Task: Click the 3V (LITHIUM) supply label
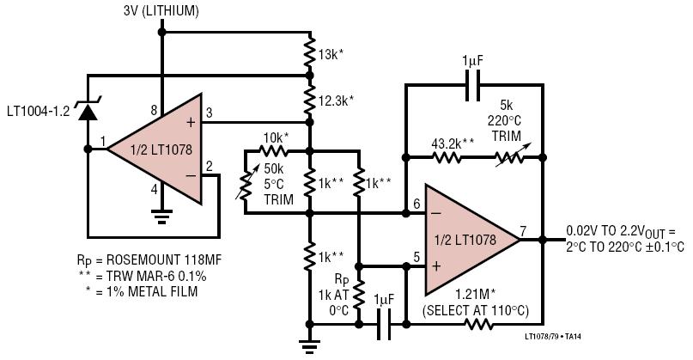point(161,11)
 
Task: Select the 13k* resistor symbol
point(310,54)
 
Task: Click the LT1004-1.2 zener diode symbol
point(88,110)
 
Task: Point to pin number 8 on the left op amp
point(154,110)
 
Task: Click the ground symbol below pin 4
point(161,217)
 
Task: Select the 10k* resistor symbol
point(273,151)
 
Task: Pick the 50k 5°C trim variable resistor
point(245,182)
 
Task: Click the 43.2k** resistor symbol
point(447,157)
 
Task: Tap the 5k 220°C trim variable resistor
point(509,157)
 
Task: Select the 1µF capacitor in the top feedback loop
point(473,84)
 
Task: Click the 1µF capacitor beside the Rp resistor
point(384,325)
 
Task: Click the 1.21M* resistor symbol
point(478,325)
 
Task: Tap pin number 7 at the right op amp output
point(523,231)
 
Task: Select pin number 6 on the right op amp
point(416,204)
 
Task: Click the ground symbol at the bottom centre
point(310,345)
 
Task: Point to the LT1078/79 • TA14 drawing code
point(553,337)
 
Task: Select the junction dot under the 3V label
point(161,33)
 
